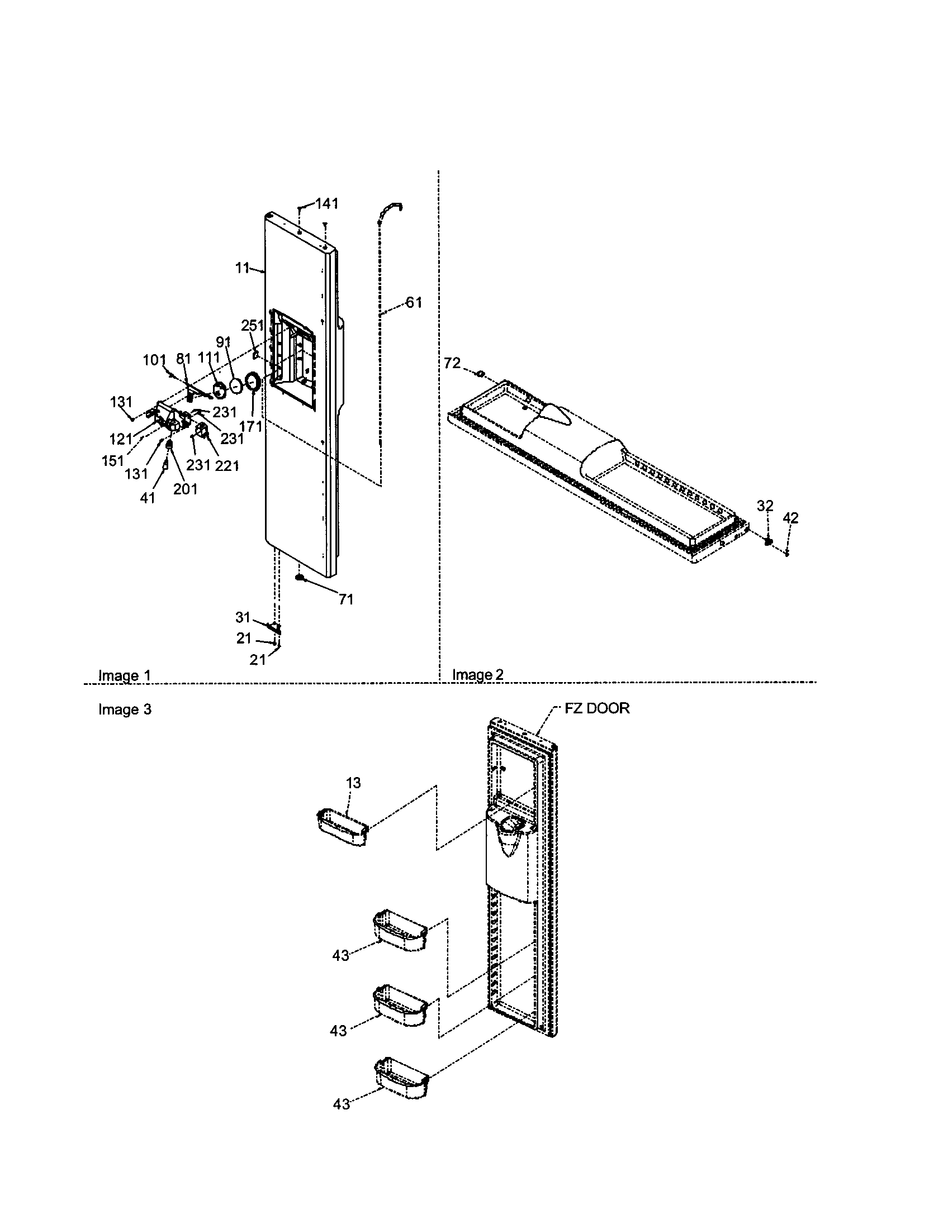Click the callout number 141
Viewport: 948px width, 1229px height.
click(x=326, y=204)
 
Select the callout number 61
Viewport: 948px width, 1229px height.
click(x=414, y=303)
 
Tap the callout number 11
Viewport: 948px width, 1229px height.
click(x=242, y=268)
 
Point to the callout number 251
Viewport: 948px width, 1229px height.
click(x=252, y=326)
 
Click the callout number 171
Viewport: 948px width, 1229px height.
click(x=251, y=426)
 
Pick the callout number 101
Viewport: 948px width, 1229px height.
click(x=154, y=360)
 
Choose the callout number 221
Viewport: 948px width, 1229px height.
click(x=227, y=465)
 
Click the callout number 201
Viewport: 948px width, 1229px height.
click(x=185, y=489)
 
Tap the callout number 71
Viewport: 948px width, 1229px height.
click(x=345, y=600)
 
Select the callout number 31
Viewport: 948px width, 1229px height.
click(x=243, y=617)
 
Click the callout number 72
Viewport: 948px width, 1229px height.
click(x=452, y=364)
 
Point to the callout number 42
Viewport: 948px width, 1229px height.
click(x=790, y=518)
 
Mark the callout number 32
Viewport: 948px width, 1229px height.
click(x=765, y=506)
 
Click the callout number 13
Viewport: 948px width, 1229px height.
click(x=353, y=783)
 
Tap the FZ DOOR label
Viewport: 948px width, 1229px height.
click(x=598, y=708)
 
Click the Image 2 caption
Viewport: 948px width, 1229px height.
click(x=478, y=674)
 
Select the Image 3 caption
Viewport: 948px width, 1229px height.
click(x=125, y=709)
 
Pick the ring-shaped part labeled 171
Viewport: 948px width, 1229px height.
click(x=253, y=384)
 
